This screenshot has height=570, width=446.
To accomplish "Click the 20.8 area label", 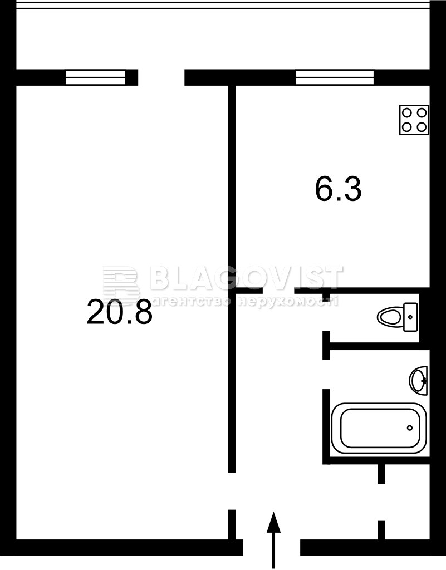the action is [x=119, y=312].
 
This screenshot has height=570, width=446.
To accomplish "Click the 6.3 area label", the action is [x=338, y=189].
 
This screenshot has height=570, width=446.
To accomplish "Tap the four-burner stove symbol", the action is [x=414, y=120].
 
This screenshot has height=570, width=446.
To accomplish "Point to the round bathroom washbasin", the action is [x=418, y=381].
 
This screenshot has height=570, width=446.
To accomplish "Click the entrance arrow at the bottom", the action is [x=273, y=539].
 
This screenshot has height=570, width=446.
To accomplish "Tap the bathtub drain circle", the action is [x=410, y=428].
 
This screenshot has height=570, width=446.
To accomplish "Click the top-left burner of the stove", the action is [x=406, y=113].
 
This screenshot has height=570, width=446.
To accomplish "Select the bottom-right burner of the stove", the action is [x=422, y=127].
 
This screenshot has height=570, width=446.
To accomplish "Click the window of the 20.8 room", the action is [x=95, y=77].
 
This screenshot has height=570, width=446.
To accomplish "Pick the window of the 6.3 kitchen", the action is [x=335, y=77].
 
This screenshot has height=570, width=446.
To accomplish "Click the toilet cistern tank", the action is [x=411, y=317].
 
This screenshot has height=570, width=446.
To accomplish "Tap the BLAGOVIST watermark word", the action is [x=246, y=278].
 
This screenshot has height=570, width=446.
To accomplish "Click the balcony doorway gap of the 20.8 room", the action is [x=161, y=77].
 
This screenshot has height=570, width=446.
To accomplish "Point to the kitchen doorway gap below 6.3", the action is [x=278, y=291].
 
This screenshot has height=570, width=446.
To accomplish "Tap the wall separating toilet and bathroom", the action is [x=374, y=346].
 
